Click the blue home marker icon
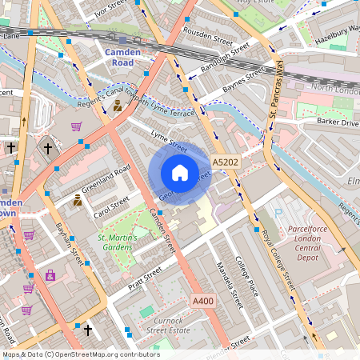point(180,173)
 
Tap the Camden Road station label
point(123,58)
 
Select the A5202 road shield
point(226,162)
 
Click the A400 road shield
point(203,300)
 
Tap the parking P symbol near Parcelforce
point(278,214)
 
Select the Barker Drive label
point(336,122)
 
